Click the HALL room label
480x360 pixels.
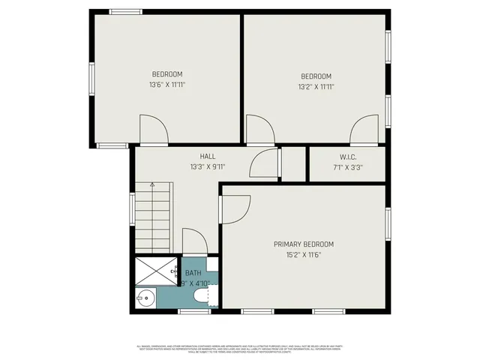(208, 156)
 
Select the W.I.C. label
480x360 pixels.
(347, 157)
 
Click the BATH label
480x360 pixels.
(193, 273)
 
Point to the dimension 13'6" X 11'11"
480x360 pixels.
(167, 85)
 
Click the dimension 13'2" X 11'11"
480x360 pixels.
(316, 86)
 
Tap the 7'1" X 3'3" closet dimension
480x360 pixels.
(347, 167)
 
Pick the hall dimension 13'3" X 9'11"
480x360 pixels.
(208, 166)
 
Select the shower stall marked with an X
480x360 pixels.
(156, 271)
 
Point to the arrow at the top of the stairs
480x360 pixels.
(152, 184)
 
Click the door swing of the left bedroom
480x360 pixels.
(151, 129)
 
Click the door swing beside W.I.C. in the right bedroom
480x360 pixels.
(364, 130)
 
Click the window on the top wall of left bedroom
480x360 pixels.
(126, 11)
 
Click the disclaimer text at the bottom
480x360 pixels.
(240, 348)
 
